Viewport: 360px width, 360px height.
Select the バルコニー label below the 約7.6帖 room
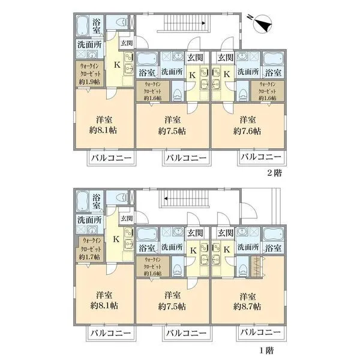pyautogui.click(x=260, y=158)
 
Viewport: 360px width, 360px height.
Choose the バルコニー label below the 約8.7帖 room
pyautogui.click(x=260, y=332)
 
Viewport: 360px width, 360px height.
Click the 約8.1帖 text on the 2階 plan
pyautogui.click(x=104, y=130)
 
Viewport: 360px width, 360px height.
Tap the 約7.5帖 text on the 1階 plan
pyautogui.click(x=172, y=305)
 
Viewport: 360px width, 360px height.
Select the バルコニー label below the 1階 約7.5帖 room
pyautogui.click(x=186, y=332)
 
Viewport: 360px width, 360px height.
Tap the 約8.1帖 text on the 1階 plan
pyautogui.click(x=104, y=305)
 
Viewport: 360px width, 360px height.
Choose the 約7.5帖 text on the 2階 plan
pyautogui.click(x=172, y=130)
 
